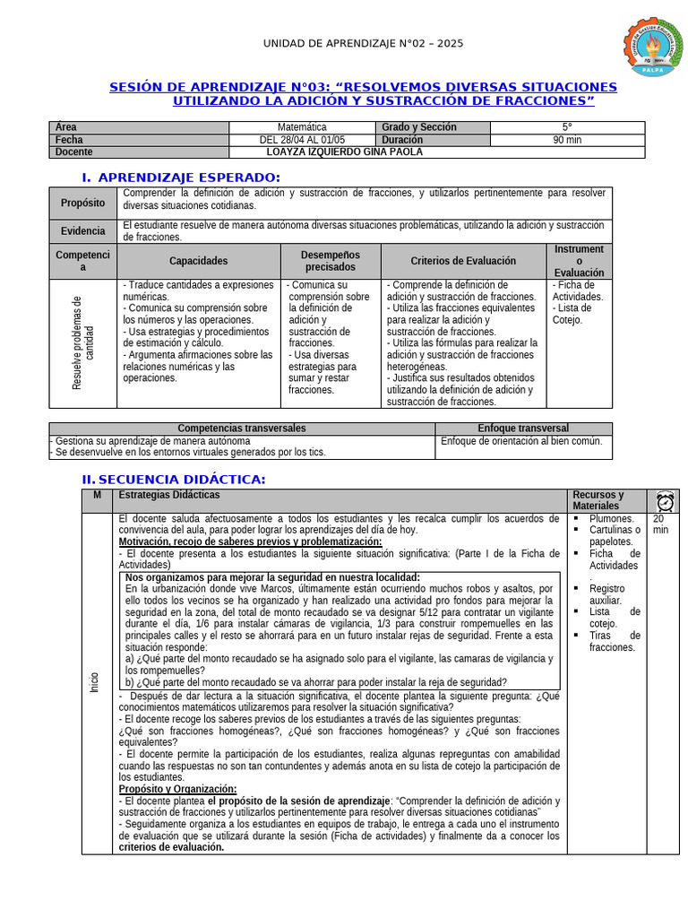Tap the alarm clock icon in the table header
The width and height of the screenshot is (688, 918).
pos(665,501)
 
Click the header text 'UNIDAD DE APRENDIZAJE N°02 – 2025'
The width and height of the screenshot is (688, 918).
pos(363,44)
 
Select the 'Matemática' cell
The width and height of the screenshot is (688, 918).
pos(302,128)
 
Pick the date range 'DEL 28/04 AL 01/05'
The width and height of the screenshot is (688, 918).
pos(302,140)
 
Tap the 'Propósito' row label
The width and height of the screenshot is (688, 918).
pos(83,204)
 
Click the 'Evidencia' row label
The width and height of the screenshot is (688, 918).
pos(83,231)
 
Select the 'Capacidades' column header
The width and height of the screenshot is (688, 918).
pos(199,261)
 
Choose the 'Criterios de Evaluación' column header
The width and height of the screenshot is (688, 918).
pos(463,261)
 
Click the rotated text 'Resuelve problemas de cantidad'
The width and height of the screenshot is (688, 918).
pos(82,342)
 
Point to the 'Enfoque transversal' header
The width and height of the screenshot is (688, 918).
pos(523,429)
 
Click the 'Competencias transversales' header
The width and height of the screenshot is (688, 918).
pos(242,429)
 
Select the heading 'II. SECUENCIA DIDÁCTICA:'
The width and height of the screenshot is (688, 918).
pos(174,480)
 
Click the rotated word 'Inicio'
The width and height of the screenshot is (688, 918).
pos(95,681)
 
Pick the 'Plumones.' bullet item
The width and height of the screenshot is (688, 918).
pos(612,519)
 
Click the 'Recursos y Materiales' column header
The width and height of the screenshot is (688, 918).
pos(598,500)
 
